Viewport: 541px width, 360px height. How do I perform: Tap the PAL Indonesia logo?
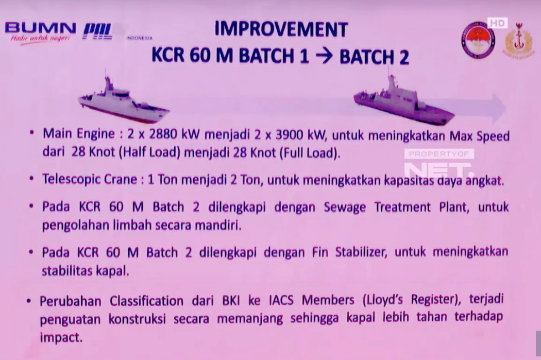coord(98,31)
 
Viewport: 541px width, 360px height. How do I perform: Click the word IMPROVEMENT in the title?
coord(281,29)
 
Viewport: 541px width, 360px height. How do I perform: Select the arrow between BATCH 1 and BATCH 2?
coord(324,56)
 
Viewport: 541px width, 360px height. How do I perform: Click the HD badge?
coord(497,23)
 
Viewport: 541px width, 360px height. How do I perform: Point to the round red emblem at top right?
coord(478,40)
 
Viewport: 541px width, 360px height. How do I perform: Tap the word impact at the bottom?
coord(61,339)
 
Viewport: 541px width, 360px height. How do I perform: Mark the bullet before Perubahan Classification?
coord(30,300)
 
